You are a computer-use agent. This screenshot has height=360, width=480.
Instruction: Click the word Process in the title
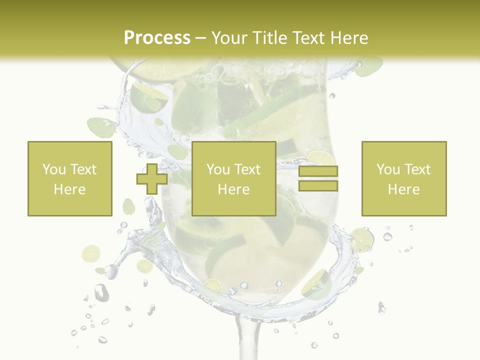tap(157, 37)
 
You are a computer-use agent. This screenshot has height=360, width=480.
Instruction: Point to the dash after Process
tap(201, 38)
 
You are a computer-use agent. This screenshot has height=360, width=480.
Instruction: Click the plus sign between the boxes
tap(152, 178)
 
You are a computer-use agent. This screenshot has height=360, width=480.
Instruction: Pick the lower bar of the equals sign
tap(318, 185)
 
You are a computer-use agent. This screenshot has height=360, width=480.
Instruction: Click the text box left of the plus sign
tap(70, 178)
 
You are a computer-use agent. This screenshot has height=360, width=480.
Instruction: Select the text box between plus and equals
tap(234, 178)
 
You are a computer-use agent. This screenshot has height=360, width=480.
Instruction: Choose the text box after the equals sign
tap(404, 178)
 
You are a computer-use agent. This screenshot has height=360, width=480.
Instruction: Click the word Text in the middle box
tap(248, 169)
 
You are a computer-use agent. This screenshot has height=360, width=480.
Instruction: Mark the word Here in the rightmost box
tap(404, 189)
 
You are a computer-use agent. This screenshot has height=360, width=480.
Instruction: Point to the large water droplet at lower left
tap(101, 292)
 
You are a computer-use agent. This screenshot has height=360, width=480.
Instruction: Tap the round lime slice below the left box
tap(91, 253)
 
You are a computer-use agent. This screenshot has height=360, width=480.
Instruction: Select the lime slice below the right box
tap(362, 239)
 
